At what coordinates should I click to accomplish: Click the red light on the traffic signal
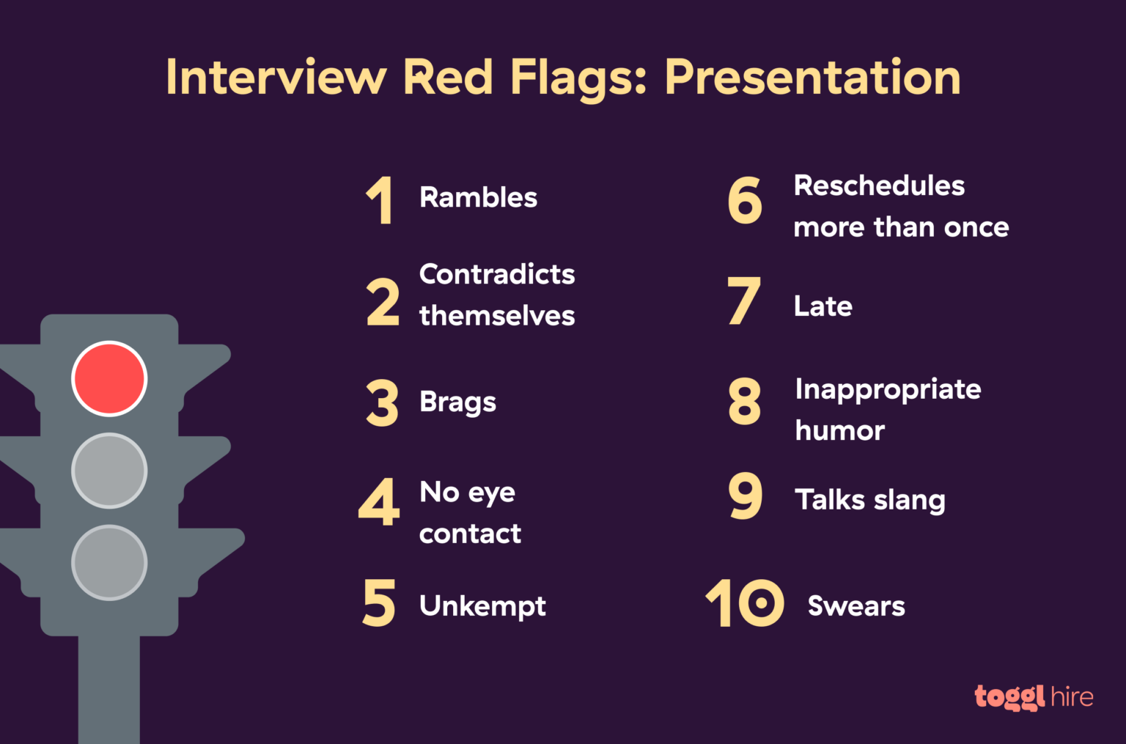(109, 378)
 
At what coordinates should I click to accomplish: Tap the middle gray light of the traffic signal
(109, 471)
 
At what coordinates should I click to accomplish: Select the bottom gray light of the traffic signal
(109, 562)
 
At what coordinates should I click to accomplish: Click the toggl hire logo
(1034, 696)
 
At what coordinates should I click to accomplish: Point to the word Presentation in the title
(812, 78)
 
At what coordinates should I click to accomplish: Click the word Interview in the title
(276, 78)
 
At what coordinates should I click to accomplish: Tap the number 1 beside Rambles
(380, 200)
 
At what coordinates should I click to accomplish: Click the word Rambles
(478, 198)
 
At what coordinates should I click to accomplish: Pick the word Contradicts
(497, 274)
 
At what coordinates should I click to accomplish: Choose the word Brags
(457, 402)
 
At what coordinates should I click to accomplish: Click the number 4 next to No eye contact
(379, 503)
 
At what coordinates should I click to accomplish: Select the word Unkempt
(482, 606)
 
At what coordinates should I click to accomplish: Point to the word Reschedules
(879, 186)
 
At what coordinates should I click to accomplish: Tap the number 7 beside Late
(744, 301)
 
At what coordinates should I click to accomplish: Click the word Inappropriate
(888, 390)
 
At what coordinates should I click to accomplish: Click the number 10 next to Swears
(744, 603)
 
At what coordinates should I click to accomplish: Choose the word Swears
(856, 606)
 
